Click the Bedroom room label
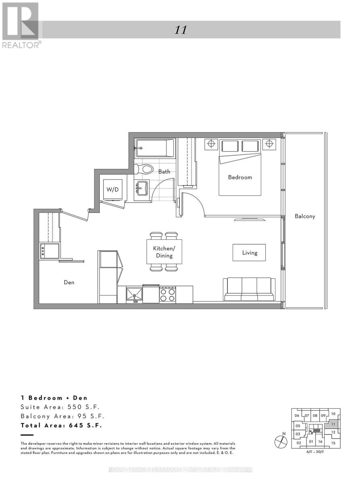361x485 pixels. (x=240, y=177)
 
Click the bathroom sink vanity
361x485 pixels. (x=141, y=188)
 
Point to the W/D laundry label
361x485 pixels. (x=113, y=190)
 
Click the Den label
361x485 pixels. (x=69, y=283)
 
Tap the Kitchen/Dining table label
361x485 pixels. (x=164, y=252)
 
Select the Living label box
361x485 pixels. (x=249, y=253)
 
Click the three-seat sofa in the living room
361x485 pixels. (x=249, y=289)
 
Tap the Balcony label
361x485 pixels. (x=304, y=216)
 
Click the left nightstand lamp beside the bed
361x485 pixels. (x=211, y=144)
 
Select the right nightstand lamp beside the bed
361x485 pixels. (x=269, y=144)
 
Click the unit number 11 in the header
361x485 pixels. (x=180, y=30)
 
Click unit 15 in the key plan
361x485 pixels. (x=333, y=443)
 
